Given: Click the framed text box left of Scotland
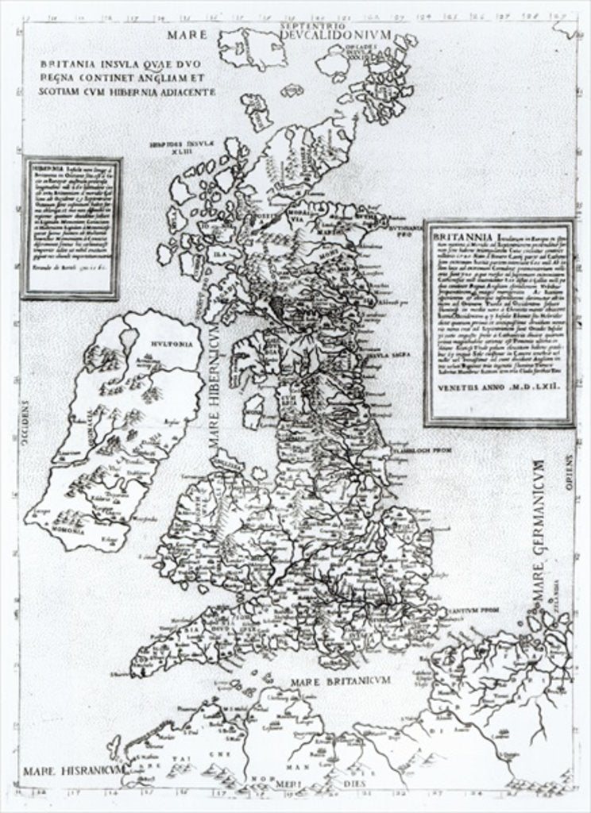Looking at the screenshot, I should pyautogui.click(x=71, y=228).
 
